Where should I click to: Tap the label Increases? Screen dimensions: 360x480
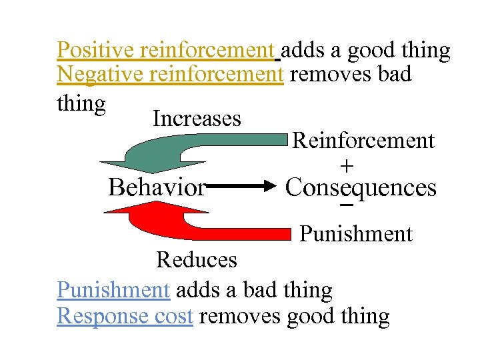tap(197, 119)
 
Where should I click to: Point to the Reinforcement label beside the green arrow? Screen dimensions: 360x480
tap(363, 141)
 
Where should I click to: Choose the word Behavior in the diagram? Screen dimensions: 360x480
tap(157, 188)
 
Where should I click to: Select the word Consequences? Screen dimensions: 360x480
tap(361, 188)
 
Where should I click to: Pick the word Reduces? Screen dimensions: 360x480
tap(197, 259)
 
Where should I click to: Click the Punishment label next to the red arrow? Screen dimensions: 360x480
tap(356, 234)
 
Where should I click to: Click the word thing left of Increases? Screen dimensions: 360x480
tap(81, 104)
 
